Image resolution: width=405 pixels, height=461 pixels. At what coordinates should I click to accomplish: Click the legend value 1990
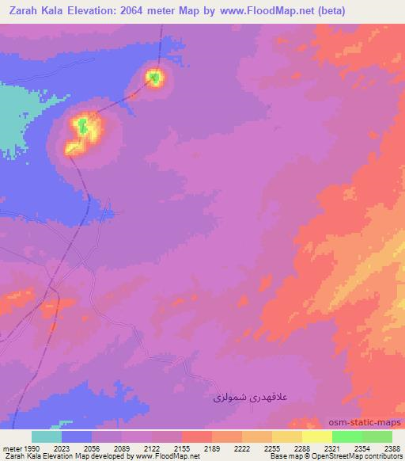click(32, 448)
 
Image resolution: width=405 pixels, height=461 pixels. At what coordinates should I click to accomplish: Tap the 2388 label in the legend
click(392, 448)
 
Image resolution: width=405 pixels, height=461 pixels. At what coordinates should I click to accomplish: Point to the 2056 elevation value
click(93, 448)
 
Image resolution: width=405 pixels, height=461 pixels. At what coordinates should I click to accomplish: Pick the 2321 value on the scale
click(332, 448)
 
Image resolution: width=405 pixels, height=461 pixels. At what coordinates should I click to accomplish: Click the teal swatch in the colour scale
click(47, 436)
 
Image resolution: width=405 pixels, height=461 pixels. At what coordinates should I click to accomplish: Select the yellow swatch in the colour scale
click(316, 436)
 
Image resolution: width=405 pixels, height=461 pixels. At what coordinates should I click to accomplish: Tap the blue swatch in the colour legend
click(77, 436)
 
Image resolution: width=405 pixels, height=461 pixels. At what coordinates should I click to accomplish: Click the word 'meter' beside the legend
click(11, 448)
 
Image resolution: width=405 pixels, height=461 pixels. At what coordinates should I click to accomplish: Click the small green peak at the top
click(156, 77)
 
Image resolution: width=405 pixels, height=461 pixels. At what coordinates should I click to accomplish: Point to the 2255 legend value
click(272, 448)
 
